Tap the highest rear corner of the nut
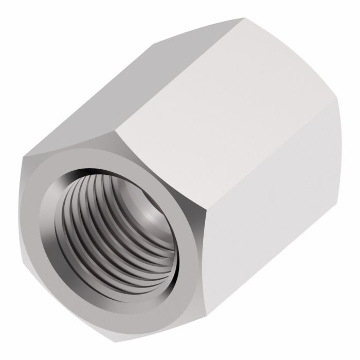pyautogui.click(x=242, y=18)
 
